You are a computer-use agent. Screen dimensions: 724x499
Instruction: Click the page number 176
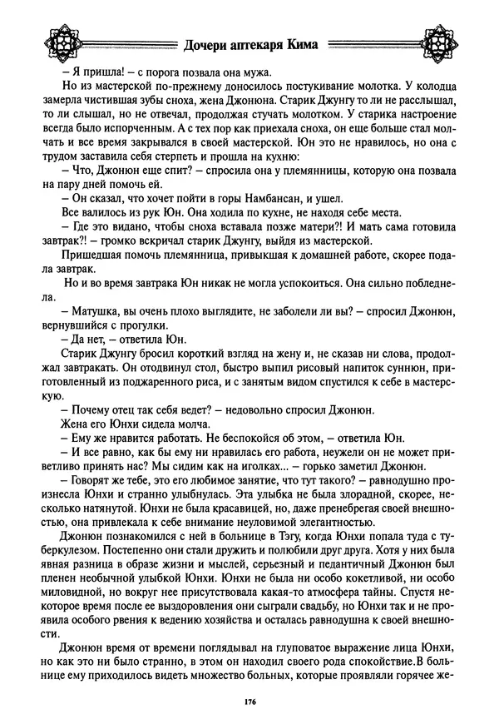click(x=249, y=704)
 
